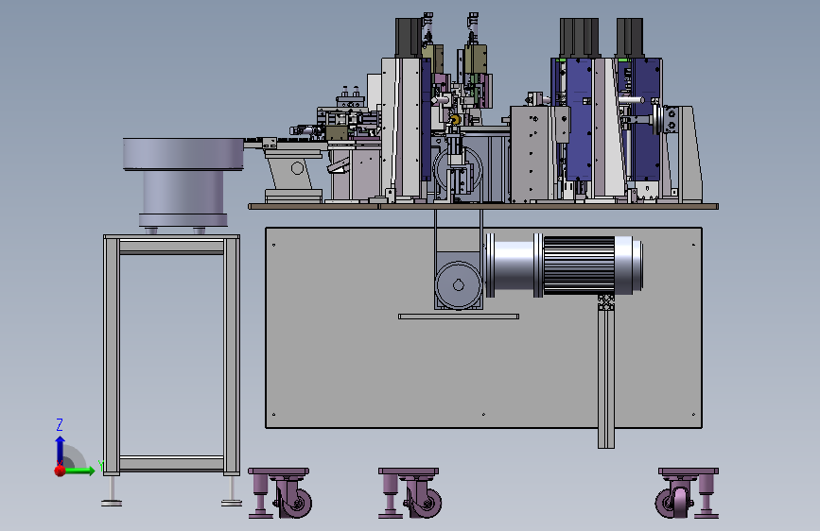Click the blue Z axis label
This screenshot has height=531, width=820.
[60, 424]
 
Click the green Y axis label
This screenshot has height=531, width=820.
[101, 466]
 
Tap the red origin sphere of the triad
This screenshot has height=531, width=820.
[61, 471]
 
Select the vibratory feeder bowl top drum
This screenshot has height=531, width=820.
[183, 154]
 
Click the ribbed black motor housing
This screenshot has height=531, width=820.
[579, 265]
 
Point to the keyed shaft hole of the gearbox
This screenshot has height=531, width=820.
[459, 285]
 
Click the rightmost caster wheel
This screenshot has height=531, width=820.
[674, 502]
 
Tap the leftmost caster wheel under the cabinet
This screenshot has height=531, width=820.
[294, 503]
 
